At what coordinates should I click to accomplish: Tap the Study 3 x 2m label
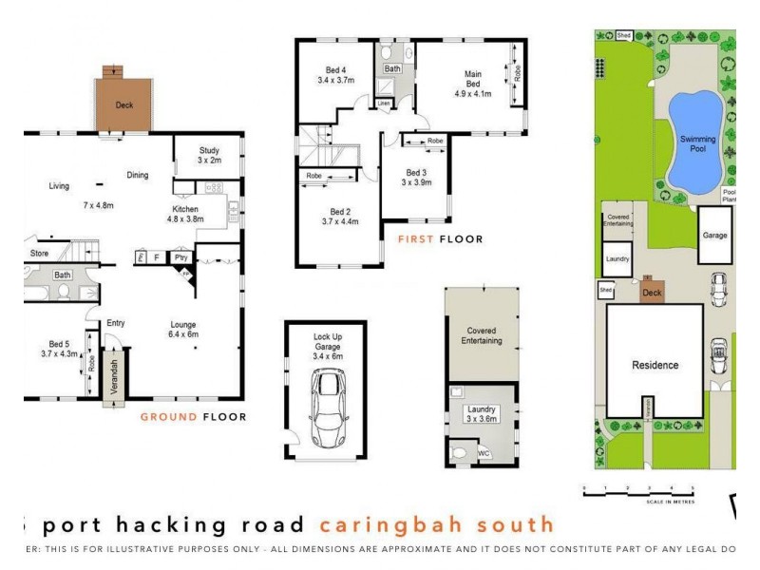(209, 155)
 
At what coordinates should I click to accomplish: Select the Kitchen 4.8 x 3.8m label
(186, 214)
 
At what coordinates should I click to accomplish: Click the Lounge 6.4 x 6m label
(183, 329)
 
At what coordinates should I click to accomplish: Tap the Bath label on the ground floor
(62, 275)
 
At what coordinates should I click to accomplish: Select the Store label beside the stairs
(39, 254)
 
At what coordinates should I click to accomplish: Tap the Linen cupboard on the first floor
(385, 103)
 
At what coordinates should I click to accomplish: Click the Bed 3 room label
(416, 177)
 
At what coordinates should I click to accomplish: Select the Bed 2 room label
(340, 216)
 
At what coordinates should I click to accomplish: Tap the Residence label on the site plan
(655, 365)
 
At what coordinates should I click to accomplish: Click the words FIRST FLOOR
(440, 239)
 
